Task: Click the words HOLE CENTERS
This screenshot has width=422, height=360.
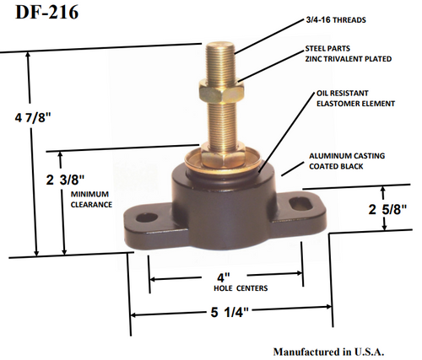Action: point(224,288)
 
